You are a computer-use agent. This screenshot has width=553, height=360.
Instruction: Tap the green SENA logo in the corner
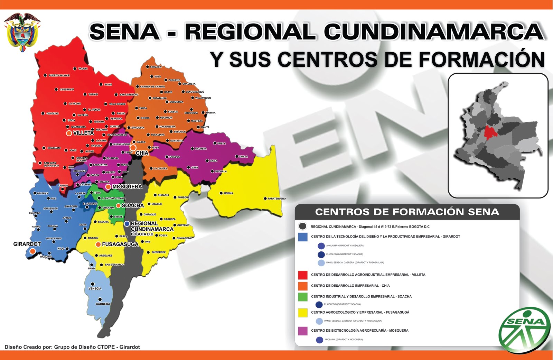524,330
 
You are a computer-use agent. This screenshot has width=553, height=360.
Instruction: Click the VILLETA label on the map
83,133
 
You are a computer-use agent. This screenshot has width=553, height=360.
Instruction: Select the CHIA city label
142,153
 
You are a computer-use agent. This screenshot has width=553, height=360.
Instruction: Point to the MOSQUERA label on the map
127,187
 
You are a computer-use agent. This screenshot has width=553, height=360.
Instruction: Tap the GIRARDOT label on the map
27,244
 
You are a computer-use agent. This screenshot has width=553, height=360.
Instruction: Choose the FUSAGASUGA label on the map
120,244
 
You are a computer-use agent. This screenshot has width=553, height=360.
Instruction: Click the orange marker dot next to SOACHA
118,205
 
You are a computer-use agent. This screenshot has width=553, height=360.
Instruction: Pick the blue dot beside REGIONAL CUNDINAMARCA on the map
127,224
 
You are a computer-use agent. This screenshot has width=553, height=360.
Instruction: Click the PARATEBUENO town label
276,199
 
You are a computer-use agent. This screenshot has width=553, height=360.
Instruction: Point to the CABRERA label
103,304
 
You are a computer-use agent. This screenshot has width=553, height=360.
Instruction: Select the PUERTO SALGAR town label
59,75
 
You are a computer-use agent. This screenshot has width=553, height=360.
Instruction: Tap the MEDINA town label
228,193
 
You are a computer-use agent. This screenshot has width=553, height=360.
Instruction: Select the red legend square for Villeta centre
303,275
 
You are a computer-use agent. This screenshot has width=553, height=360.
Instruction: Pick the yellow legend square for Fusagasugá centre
303,313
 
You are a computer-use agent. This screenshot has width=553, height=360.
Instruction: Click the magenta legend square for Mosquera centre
303,331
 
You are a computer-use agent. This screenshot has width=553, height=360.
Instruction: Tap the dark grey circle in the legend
303,227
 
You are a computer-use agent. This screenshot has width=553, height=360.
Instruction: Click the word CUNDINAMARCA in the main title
433,32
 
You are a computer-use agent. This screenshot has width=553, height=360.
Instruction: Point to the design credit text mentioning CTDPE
72,347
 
